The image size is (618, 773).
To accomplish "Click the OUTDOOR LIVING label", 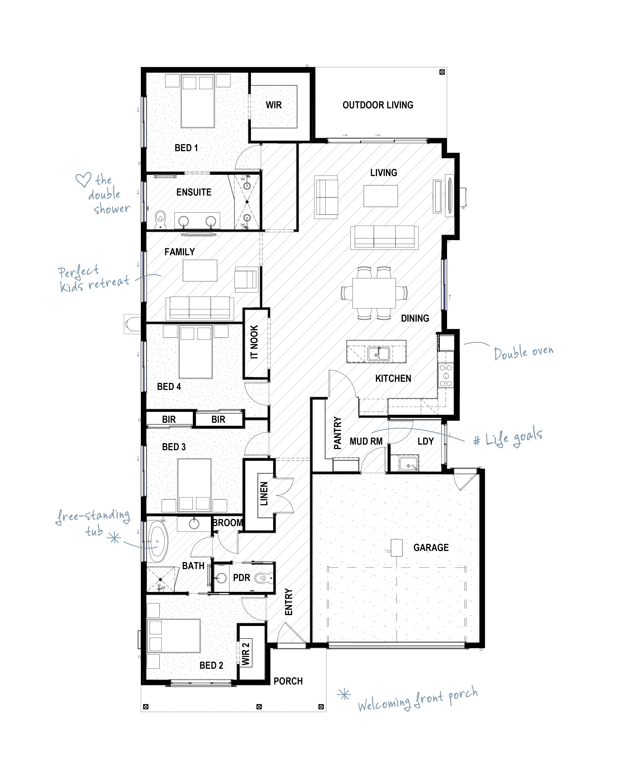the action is click(x=378, y=105).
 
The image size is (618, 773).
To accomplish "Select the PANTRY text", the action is click(x=337, y=433).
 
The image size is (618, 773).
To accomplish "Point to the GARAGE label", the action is click(x=431, y=547).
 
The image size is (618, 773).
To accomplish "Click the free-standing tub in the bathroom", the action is click(x=158, y=541).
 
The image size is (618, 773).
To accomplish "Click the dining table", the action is click(x=374, y=293).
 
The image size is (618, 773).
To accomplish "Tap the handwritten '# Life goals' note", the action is click(x=508, y=437).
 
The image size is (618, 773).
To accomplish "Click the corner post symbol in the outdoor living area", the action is click(x=442, y=72).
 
